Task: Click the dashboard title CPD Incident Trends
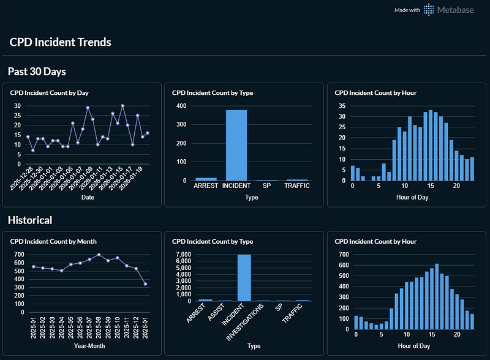pyautogui.click(x=60, y=42)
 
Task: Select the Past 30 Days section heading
pyautogui.click(x=37, y=72)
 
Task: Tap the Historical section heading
pyautogui.click(x=30, y=220)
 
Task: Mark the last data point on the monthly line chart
pyautogui.click(x=145, y=283)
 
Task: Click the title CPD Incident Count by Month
pyautogui.click(x=53, y=241)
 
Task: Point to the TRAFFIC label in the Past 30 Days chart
pyautogui.click(x=297, y=186)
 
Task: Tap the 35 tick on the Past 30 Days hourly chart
pyautogui.click(x=342, y=105)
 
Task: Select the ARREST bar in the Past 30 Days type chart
pyautogui.click(x=205, y=179)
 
